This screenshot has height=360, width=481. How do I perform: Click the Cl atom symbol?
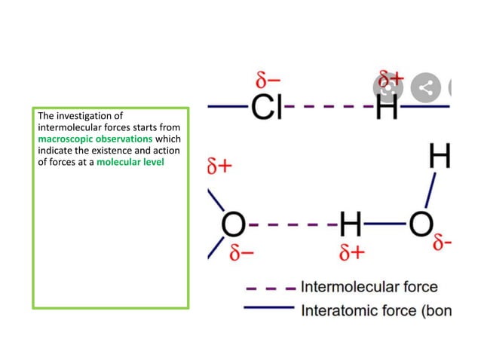point(265,108)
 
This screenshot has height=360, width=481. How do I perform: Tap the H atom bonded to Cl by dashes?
point(387,108)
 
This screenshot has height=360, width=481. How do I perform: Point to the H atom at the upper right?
point(440,157)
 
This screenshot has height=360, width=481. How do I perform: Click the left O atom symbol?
point(233,224)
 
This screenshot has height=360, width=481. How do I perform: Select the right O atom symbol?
point(420,224)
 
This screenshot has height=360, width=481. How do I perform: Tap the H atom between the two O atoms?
point(351,224)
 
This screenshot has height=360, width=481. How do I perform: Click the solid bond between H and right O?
point(385,224)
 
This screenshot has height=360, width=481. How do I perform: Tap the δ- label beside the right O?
point(443,243)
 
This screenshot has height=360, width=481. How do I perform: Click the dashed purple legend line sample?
point(270,287)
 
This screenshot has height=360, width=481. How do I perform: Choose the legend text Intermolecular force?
point(369,287)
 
